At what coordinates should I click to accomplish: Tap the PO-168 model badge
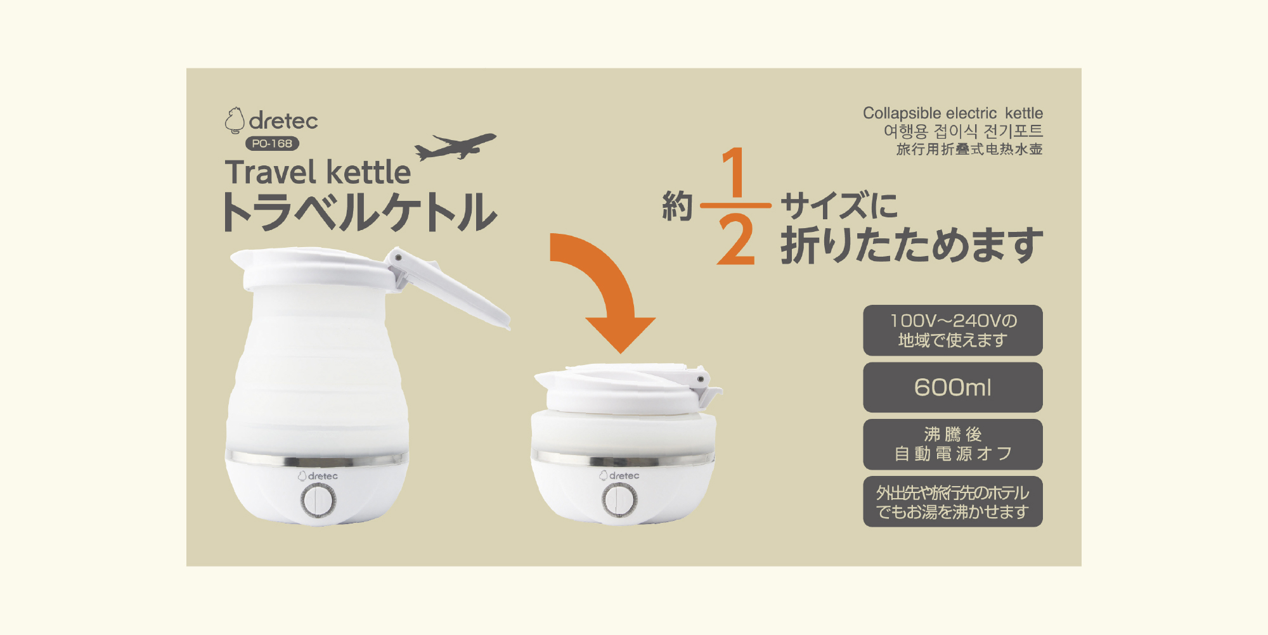tap(272, 144)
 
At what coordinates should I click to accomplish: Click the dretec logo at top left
tap(271, 120)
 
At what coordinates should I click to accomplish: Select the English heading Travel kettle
tap(318, 172)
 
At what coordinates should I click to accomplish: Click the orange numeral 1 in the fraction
tap(734, 172)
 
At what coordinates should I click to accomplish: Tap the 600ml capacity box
tap(953, 387)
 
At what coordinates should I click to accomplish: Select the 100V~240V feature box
tap(953, 330)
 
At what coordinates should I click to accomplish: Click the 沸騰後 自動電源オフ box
tap(953, 444)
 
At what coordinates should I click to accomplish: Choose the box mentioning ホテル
tap(953, 501)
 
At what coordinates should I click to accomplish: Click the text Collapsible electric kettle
tap(953, 113)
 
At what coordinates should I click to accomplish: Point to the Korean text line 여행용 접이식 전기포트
tap(963, 131)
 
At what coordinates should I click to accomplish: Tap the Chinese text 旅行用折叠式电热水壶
tap(969, 149)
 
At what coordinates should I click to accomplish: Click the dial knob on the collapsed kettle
tap(619, 500)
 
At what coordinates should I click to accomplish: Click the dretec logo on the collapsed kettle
tap(619, 475)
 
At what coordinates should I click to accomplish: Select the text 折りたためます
tap(912, 245)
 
